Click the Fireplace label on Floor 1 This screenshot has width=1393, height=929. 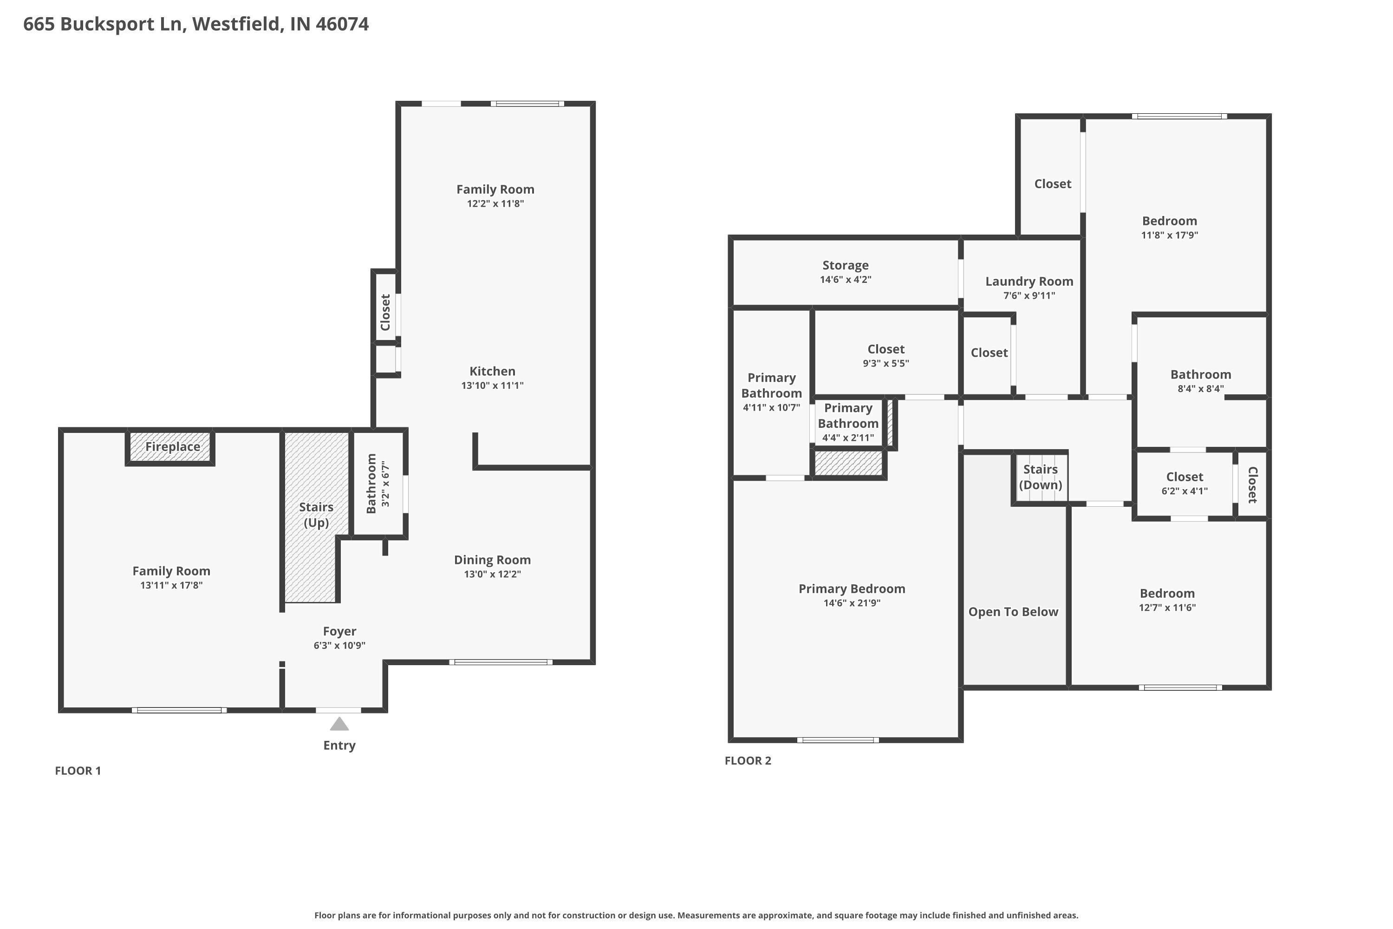tap(172, 447)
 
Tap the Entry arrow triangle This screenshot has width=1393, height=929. tap(339, 724)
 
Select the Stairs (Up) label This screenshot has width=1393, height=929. tap(316, 514)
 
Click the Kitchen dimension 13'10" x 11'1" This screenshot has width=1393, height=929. tap(492, 386)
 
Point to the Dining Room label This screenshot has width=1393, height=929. tap(492, 560)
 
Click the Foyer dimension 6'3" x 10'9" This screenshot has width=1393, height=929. tap(339, 646)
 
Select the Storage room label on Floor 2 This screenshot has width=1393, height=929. tap(845, 265)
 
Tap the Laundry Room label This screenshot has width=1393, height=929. tap(1029, 281)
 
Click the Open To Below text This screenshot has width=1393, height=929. tap(1013, 612)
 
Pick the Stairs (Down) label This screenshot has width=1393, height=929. tap(1040, 477)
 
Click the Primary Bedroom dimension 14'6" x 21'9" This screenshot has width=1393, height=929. tap(852, 603)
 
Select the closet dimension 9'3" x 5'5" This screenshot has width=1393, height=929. tap(885, 364)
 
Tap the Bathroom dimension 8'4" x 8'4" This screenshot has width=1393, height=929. tap(1200, 389)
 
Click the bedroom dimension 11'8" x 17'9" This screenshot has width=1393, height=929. tap(1169, 235)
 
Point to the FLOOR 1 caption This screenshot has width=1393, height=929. tap(78, 771)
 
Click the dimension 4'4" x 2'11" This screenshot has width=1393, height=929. tap(847, 438)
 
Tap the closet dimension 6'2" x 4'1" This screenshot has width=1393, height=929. tap(1184, 491)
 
